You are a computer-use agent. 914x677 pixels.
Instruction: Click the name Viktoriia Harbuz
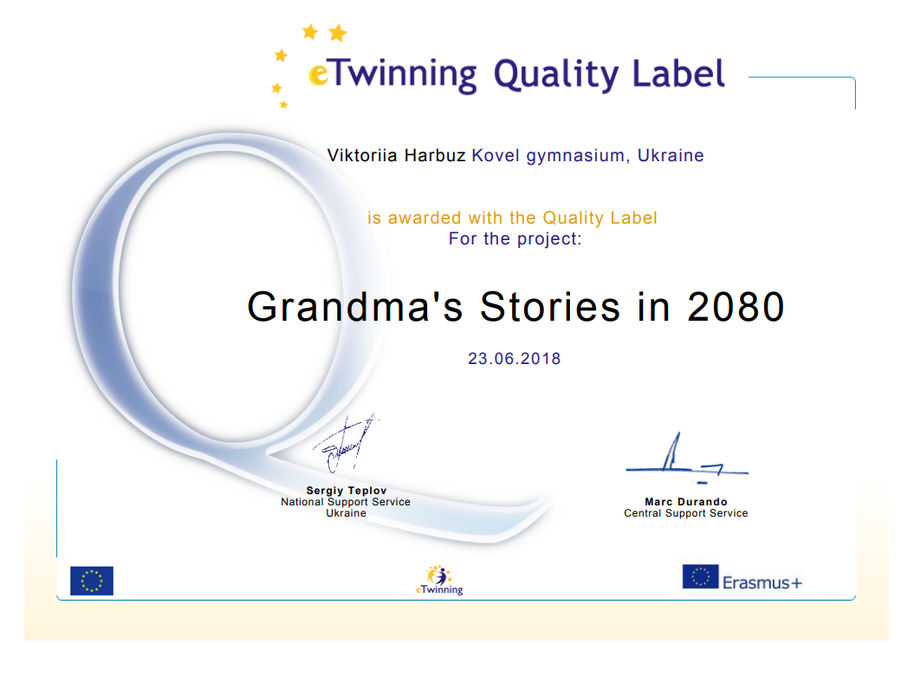[397, 156]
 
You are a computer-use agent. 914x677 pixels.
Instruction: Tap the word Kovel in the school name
[496, 156]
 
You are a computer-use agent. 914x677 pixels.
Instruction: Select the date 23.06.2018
[514, 359]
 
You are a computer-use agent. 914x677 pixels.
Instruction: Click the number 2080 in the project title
[736, 307]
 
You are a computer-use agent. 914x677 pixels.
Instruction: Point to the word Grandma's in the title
[355, 307]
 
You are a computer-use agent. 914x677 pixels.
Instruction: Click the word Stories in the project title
[549, 307]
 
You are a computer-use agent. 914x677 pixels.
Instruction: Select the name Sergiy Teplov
[347, 491]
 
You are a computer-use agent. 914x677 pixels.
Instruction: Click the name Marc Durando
[686, 502]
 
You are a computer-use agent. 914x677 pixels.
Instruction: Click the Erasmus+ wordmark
[762, 583]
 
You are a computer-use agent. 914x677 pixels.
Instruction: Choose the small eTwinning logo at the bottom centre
[439, 580]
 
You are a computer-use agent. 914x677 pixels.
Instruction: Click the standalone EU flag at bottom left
[92, 581]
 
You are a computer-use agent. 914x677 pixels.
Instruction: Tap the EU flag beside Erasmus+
[700, 576]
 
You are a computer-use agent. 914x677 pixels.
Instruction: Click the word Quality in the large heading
[557, 75]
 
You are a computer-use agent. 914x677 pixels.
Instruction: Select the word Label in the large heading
[678, 74]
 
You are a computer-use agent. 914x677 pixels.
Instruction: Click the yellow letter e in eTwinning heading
[318, 75]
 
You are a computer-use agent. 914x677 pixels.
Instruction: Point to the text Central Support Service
[686, 513]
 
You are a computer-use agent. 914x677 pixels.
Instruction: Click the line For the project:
[515, 239]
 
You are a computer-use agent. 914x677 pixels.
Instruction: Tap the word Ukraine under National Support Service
[347, 513]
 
